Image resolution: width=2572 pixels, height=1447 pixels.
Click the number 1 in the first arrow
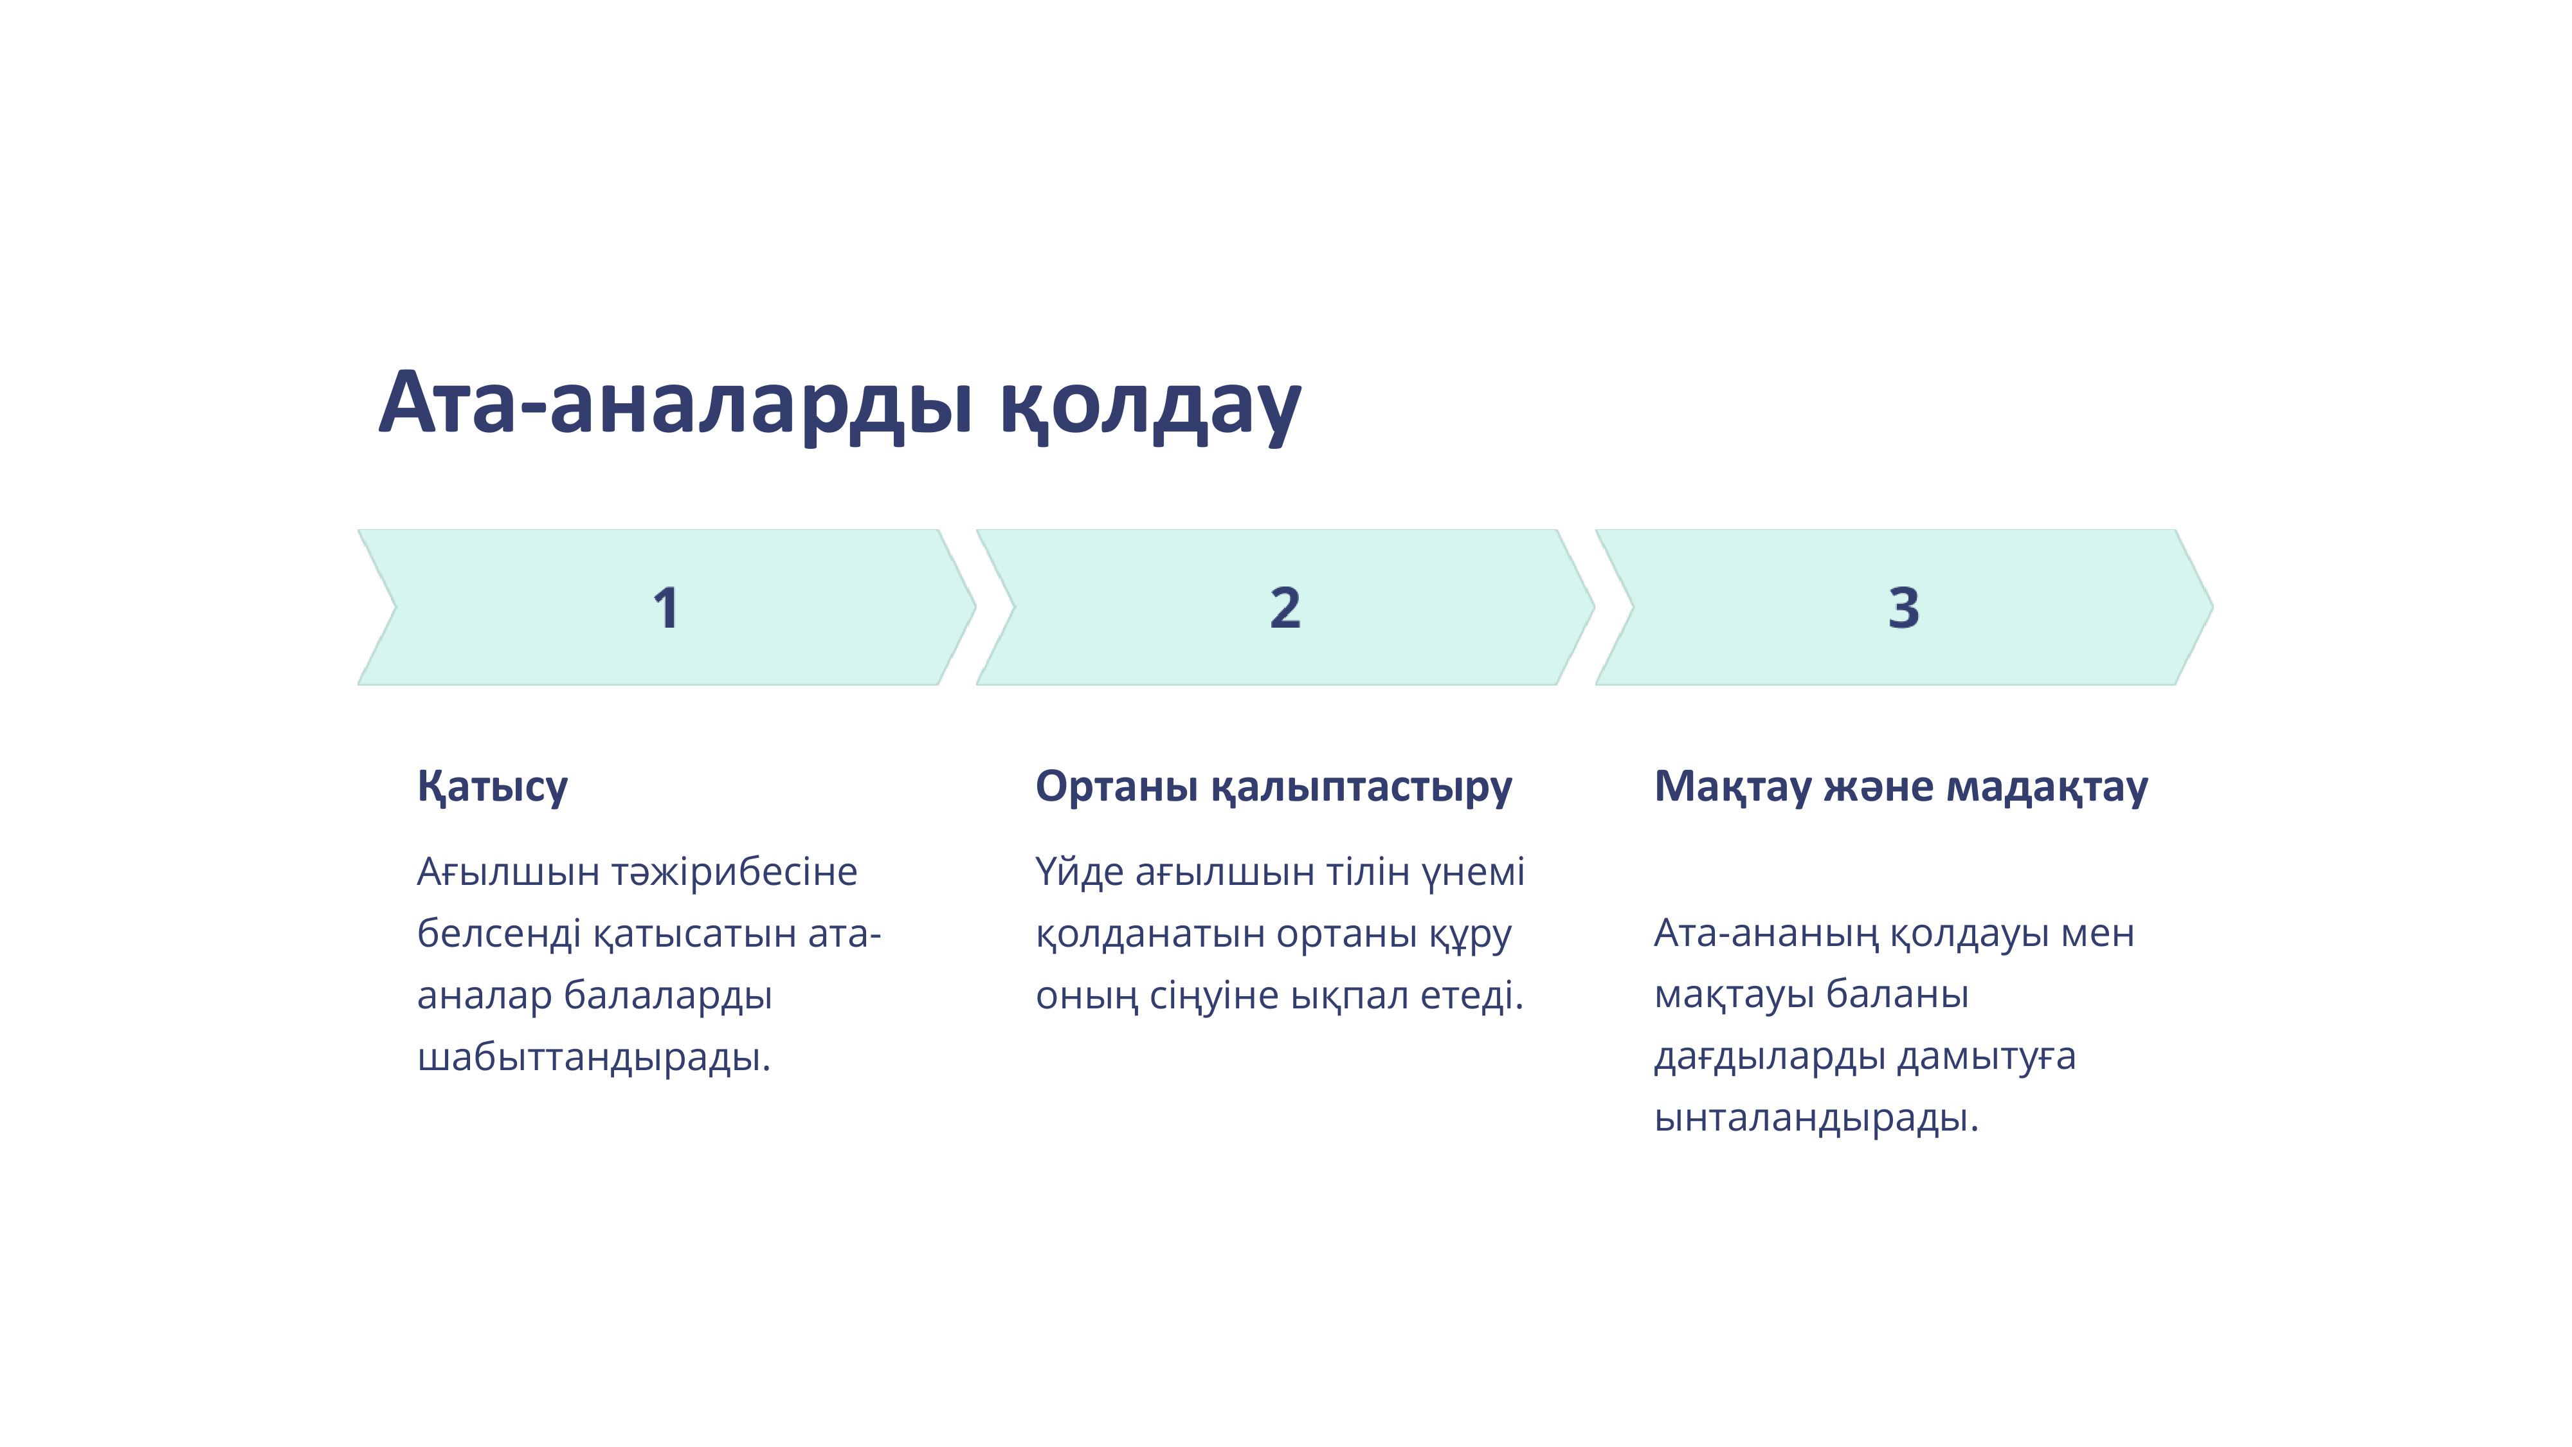tap(666, 608)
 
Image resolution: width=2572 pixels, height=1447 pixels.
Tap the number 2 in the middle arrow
tap(1285, 608)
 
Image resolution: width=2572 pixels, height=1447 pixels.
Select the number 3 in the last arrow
tap(1903, 608)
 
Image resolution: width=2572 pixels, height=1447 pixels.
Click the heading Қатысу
tap(493, 787)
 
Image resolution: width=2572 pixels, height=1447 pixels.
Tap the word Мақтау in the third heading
tap(1732, 787)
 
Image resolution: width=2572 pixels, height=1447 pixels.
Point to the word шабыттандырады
tap(594, 1057)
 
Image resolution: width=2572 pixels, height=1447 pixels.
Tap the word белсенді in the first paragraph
tap(499, 934)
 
